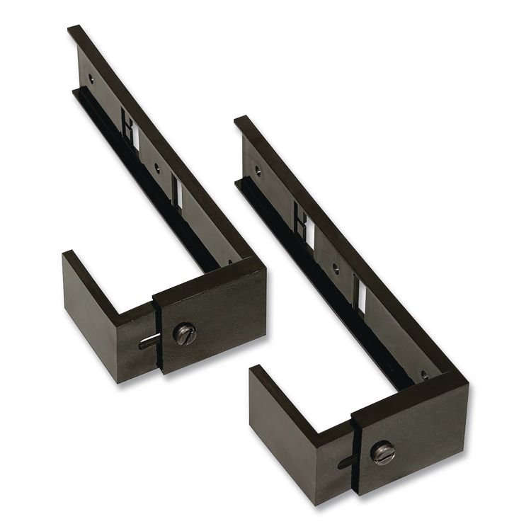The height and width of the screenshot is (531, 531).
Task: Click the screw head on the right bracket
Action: coord(383,452)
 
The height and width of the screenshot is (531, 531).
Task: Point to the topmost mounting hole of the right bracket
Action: coord(258,171)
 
